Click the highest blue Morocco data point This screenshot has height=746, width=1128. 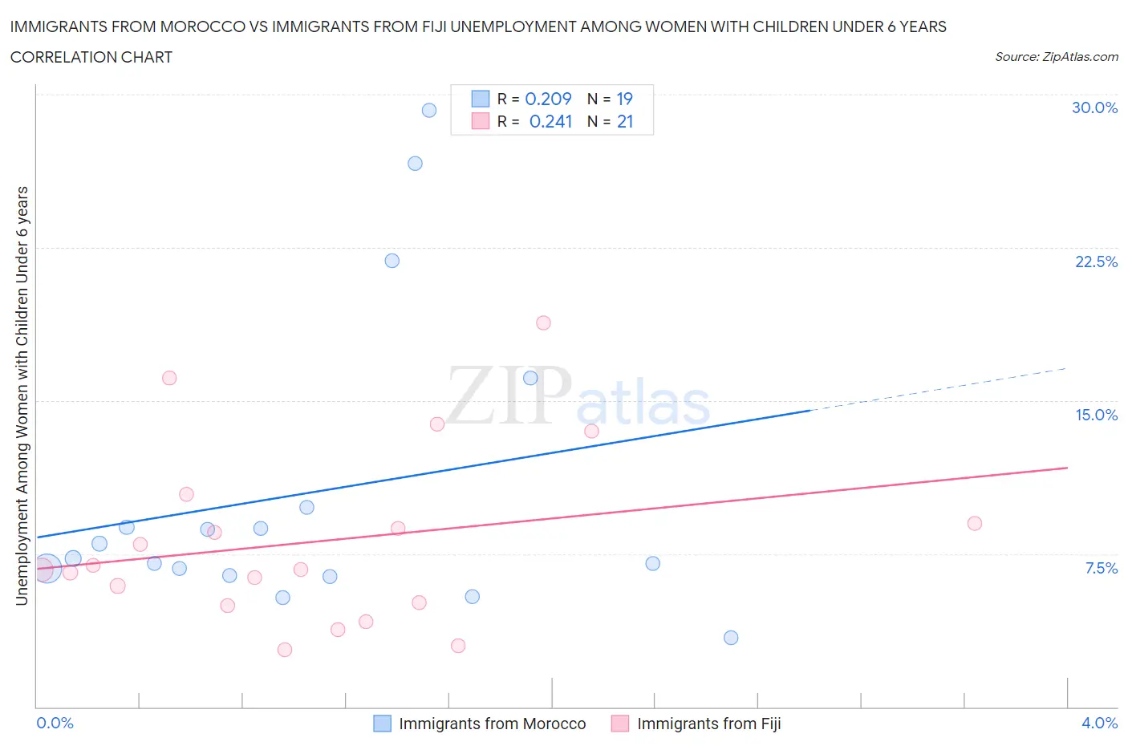click(429, 111)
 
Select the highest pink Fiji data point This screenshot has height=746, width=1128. click(543, 323)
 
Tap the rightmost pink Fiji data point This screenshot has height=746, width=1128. click(975, 524)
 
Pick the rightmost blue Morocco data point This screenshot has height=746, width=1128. click(731, 638)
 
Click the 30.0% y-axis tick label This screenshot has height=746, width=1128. click(1094, 107)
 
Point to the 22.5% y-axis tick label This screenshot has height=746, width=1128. click(1096, 262)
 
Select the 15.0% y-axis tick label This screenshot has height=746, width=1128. click(1096, 415)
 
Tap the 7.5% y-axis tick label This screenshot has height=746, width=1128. click(1101, 568)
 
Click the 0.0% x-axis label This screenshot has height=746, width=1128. click(55, 723)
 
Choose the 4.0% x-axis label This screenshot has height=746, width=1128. click(1099, 723)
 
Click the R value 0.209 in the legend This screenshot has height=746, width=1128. click(548, 99)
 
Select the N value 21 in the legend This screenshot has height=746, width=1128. click(625, 121)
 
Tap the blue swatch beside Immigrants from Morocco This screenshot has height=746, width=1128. click(383, 724)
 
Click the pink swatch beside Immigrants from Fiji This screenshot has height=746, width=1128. click(620, 724)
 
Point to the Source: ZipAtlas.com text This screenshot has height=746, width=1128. click(1056, 57)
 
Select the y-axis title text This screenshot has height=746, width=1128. click(22, 395)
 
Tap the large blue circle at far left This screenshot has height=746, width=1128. click(47, 568)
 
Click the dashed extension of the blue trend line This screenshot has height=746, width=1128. click(939, 389)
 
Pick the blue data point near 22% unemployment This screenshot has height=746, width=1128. click(392, 261)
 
